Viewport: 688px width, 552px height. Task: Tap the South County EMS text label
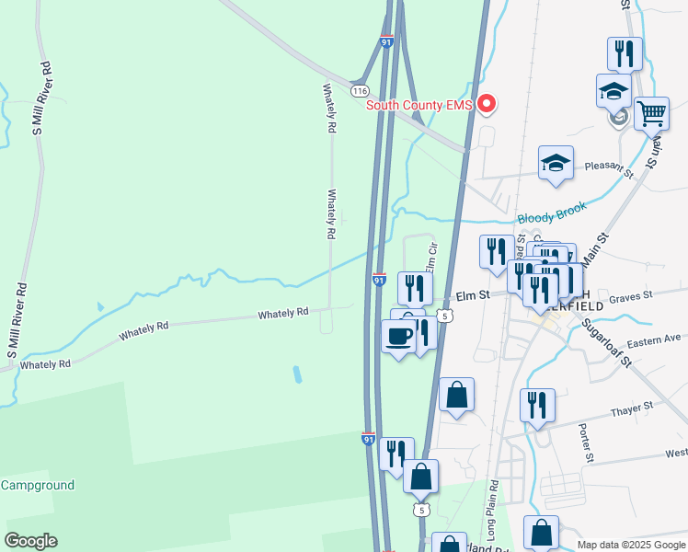pyautogui.click(x=419, y=105)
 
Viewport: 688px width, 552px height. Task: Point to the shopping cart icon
pyautogui.click(x=651, y=113)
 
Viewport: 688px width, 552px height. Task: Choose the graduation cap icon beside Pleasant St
pyautogui.click(x=556, y=163)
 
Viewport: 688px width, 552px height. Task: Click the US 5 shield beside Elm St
pyautogui.click(x=445, y=316)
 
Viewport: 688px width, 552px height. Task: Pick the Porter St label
pyautogui.click(x=584, y=443)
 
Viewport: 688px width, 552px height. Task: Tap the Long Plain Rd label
pyautogui.click(x=493, y=510)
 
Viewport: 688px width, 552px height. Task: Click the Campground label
pyautogui.click(x=37, y=485)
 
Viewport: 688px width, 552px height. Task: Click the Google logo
pyautogui.click(x=30, y=541)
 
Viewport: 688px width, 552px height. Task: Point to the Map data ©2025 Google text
pyautogui.click(x=630, y=545)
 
